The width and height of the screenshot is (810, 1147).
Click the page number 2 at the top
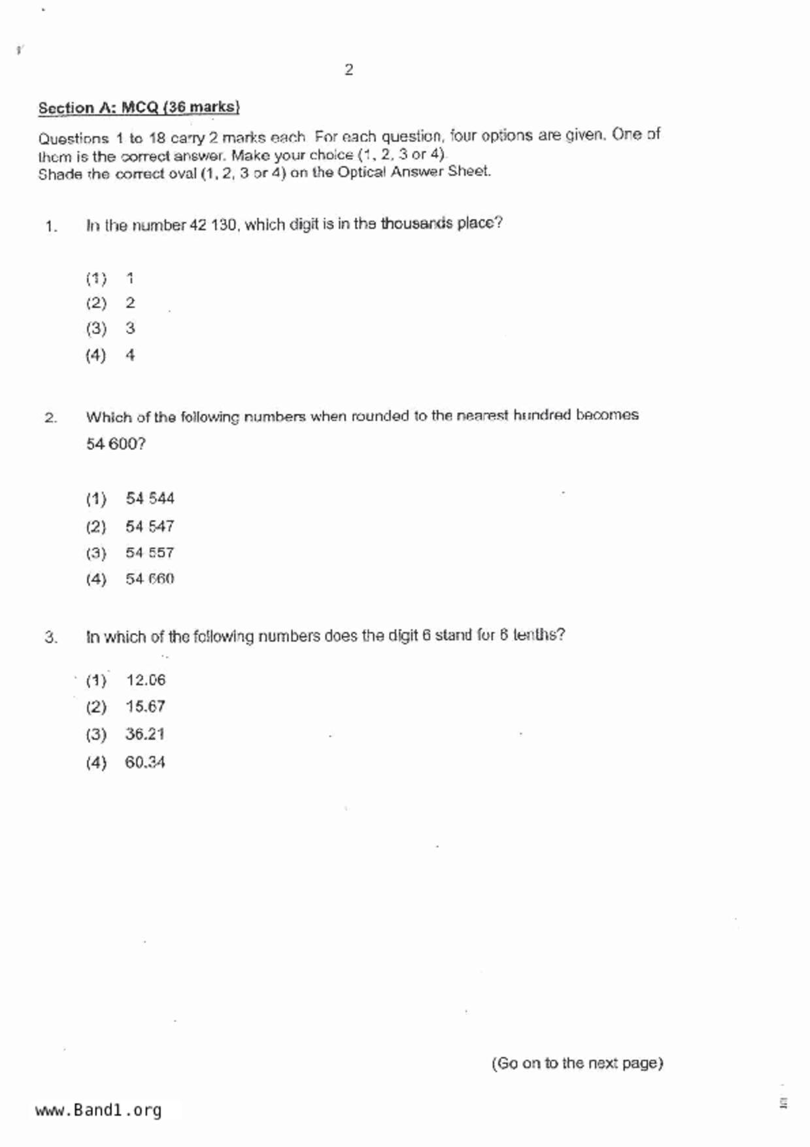pos(348,70)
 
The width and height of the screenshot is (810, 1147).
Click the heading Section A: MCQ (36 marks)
pos(139,107)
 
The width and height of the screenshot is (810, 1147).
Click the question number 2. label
pos(51,418)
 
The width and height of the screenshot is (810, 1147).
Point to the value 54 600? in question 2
pos(116,444)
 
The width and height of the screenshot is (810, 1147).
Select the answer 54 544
pos(150,499)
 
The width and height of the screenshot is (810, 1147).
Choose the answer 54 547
pos(150,526)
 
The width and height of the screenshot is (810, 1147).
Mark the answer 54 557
pos(150,553)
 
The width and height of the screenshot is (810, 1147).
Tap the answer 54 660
pos(150,579)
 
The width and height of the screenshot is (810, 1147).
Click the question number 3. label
pos(51,637)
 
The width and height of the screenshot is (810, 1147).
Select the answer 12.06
pos(146,681)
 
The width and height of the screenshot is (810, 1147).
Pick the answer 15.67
pos(145,707)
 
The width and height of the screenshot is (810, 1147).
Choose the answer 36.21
pos(144,734)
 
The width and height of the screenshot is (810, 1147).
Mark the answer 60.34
pos(144,762)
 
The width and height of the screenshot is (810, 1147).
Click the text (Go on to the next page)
pos(577,1063)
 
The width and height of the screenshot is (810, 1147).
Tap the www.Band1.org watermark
pos(98,1110)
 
